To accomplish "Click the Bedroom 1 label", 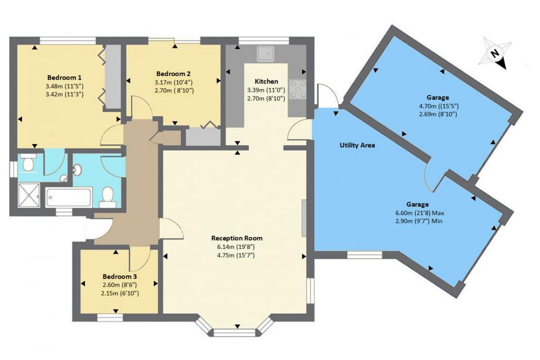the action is tap(64, 77).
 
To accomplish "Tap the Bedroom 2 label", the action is tap(173, 74).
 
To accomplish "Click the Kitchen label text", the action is tap(266, 81).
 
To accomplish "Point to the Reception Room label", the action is tap(237, 238).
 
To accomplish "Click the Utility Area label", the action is tap(357, 145).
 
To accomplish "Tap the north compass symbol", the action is tap(495, 53).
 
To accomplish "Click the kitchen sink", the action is tap(266, 54).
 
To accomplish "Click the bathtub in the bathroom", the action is tap(69, 197).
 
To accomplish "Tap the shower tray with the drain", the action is tap(29, 196).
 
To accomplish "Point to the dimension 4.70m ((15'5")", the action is tap(438, 106).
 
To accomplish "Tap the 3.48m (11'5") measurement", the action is tap(64, 86).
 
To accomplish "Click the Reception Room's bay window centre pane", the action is tap(236, 333).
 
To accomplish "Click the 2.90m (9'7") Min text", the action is tap(419, 221).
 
